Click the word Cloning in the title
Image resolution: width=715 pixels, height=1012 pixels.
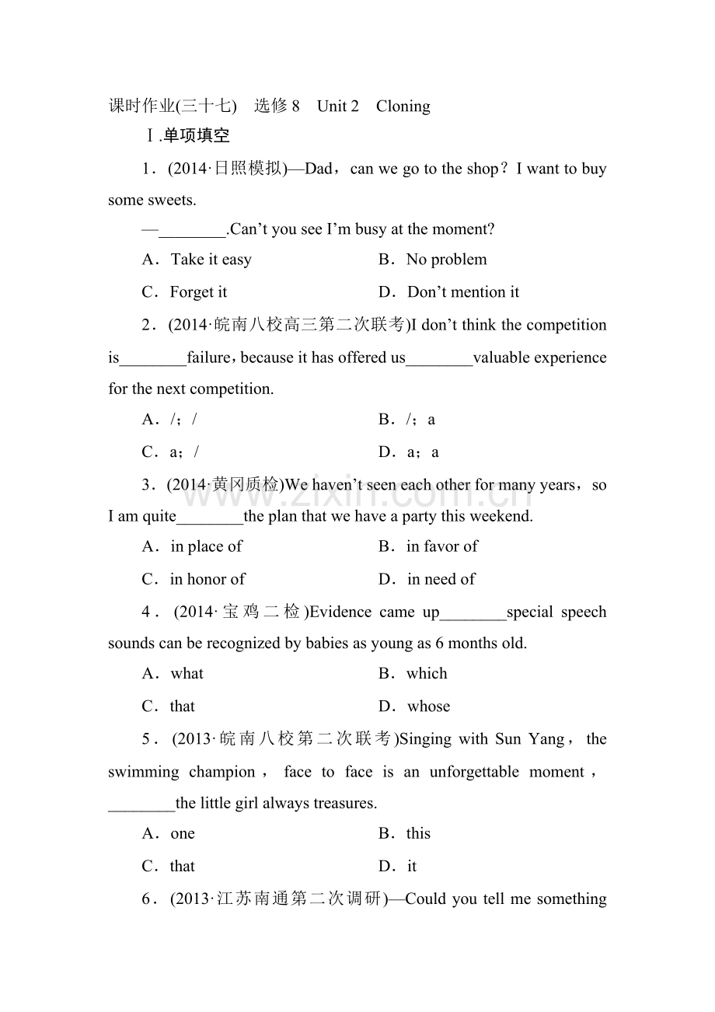[x=403, y=106]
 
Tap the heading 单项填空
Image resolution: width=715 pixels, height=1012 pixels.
[x=197, y=136]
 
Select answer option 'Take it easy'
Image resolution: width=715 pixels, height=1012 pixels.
[x=211, y=260]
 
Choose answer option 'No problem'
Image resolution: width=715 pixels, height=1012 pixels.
[x=446, y=260]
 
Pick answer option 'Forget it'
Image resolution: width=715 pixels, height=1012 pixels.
[x=198, y=292]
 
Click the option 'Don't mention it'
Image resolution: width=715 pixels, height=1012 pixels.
[x=463, y=292]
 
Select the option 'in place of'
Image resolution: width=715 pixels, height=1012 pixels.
[x=206, y=546]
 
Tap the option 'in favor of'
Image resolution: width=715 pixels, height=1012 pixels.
[x=441, y=546]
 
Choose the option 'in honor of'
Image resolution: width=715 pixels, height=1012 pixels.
[x=208, y=579]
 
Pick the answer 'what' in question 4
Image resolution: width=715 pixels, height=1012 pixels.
[x=187, y=674]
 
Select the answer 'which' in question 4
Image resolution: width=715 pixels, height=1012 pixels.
[x=427, y=674]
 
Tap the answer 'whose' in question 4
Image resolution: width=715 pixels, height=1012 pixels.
[x=428, y=707]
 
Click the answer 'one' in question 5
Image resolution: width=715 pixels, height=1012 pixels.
[x=183, y=834]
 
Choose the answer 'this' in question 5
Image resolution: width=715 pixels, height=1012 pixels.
[x=418, y=834]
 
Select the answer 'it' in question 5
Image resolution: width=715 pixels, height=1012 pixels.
[x=412, y=867]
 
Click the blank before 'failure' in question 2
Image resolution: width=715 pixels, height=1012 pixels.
[x=153, y=358]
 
